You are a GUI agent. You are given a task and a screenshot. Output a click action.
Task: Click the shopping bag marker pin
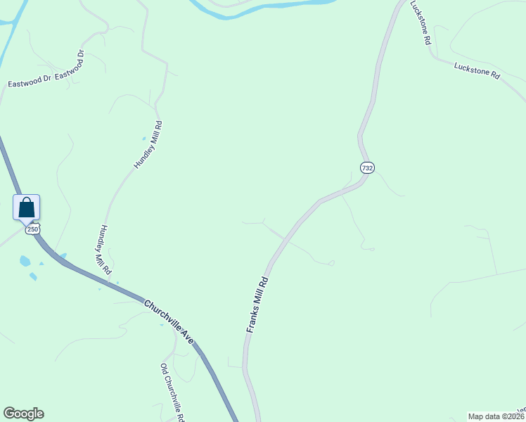click(27, 207)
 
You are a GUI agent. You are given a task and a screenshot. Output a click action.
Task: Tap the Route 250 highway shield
click(32, 229)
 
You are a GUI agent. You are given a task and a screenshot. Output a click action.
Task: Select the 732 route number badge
click(367, 167)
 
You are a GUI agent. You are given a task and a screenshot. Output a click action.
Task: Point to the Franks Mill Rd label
click(258, 304)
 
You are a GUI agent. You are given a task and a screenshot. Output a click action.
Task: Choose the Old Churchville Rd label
click(172, 392)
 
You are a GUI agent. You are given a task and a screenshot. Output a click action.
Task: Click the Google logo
click(23, 414)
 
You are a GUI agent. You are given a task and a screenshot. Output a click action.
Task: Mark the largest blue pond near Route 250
click(25, 261)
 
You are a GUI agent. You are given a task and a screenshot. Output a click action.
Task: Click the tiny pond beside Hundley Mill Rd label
click(144, 139)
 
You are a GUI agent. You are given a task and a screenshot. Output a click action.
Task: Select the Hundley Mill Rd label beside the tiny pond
click(148, 145)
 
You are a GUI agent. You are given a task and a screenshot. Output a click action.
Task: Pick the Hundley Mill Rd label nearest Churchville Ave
click(104, 250)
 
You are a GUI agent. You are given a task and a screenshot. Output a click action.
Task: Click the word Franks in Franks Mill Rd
click(252, 320)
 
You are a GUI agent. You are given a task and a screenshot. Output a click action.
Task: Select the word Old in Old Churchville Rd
click(164, 369)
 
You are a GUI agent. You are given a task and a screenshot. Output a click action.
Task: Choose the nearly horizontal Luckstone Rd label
click(476, 70)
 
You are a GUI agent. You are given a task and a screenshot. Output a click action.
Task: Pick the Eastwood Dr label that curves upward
click(71, 65)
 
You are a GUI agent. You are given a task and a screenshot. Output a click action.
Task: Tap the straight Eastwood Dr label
click(30, 83)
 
